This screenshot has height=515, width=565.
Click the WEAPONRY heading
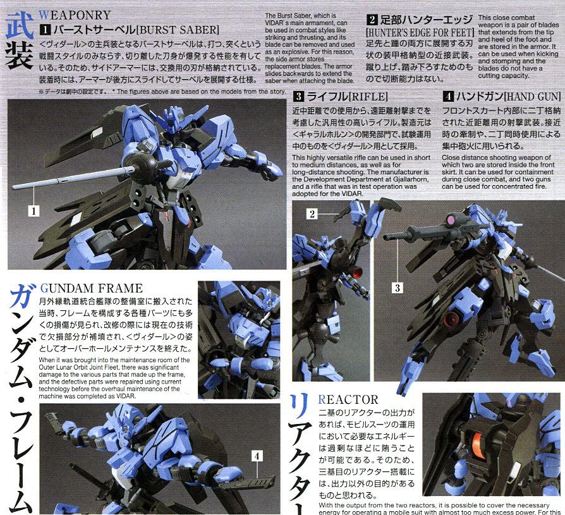[x=75, y=13]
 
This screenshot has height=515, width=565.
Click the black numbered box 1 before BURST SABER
[x=45, y=29]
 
